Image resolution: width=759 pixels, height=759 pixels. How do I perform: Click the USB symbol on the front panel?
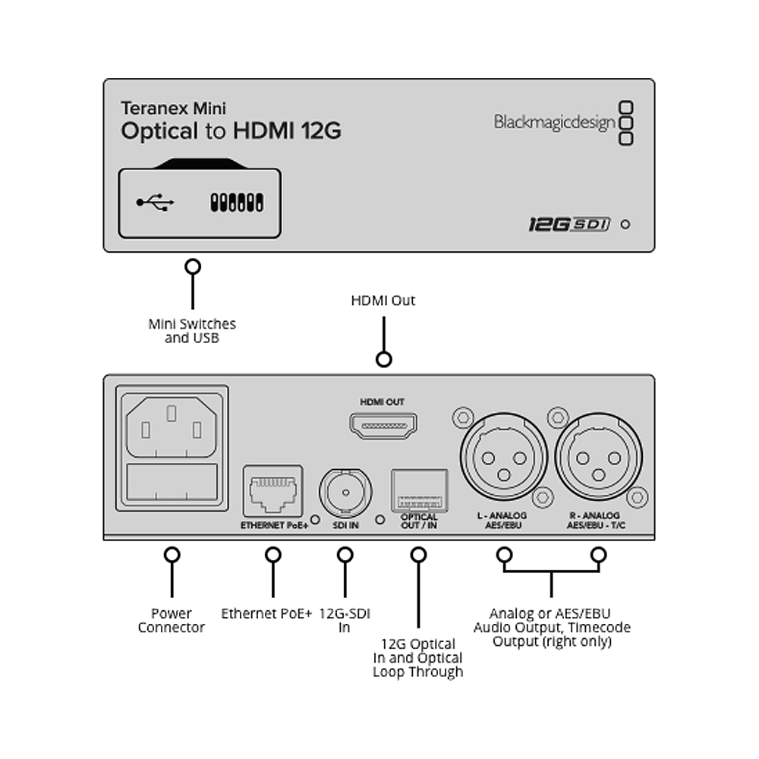coord(155,203)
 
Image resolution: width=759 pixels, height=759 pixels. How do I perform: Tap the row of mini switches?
coord(237,203)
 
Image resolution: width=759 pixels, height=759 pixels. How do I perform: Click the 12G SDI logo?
coord(569,224)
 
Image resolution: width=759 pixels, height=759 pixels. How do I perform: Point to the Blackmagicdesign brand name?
coord(554,123)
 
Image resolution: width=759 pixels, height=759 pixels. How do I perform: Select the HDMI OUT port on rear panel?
coord(383,426)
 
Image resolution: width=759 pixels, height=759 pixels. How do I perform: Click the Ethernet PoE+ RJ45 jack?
coord(273,491)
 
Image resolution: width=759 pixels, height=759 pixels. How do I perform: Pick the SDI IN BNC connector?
coord(345,493)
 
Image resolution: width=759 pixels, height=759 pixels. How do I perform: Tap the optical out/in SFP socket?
coord(419,490)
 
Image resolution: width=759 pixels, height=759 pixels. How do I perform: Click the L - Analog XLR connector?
coord(503,457)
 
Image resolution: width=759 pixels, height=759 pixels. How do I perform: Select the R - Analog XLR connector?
coord(598,457)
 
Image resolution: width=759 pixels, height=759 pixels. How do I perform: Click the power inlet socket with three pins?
coord(172,427)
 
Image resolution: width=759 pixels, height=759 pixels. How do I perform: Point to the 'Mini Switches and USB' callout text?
coord(192,331)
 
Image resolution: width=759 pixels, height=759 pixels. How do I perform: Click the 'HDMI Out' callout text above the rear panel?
coord(383,301)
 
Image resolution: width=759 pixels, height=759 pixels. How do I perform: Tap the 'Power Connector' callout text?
coord(172,620)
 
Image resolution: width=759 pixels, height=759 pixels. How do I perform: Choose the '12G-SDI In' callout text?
coord(345,620)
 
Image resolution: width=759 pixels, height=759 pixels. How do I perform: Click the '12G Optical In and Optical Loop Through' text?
coord(417,658)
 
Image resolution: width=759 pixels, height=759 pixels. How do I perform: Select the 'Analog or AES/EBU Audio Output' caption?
coord(552,628)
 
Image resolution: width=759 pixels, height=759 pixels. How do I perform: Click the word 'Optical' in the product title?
coord(159,131)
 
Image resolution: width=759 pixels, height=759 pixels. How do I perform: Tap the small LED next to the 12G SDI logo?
coord(625,225)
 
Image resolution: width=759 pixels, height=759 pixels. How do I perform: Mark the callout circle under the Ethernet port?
coord(273,555)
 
